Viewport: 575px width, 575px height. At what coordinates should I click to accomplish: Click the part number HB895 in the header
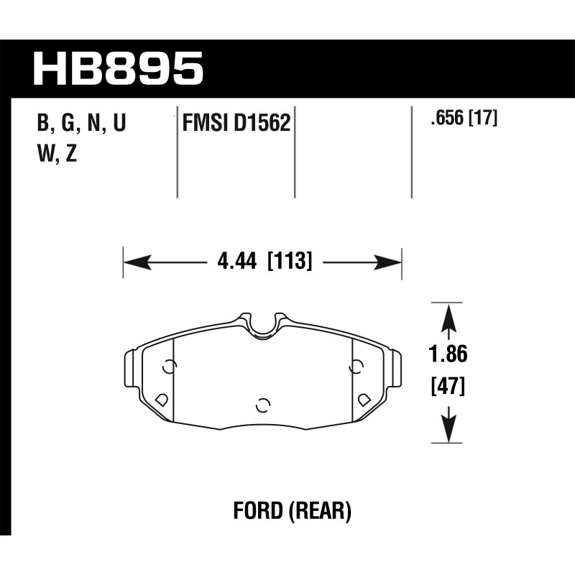[118, 68]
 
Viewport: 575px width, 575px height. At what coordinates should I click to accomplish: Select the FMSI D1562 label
[236, 122]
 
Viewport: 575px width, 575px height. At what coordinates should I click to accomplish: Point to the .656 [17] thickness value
[464, 119]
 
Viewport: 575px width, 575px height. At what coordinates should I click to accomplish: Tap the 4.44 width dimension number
[237, 262]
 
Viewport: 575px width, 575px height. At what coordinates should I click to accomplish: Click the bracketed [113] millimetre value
[290, 261]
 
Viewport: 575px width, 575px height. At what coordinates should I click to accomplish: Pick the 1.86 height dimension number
[448, 354]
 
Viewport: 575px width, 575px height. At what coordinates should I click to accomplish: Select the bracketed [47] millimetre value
[448, 386]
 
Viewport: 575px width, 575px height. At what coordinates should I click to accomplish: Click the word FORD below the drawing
[258, 511]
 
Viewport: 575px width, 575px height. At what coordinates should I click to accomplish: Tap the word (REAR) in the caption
[320, 511]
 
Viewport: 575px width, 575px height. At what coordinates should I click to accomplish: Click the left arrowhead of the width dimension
[137, 262]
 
